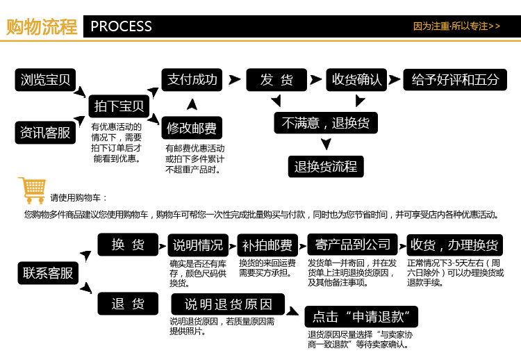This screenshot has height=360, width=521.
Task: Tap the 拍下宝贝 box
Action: coord(119,106)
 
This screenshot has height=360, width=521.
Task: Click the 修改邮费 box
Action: coord(192,129)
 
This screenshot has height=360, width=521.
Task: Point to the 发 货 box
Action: coord(276,79)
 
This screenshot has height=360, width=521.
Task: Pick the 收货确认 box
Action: coord(356,79)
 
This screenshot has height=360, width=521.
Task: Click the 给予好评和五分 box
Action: coord(455,79)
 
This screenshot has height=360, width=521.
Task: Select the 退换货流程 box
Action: coord(325,166)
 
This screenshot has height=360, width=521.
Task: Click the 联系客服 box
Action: coord(47,273)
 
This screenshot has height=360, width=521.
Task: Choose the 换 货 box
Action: coord(128,244)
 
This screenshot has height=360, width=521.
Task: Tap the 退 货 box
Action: coord(128,303)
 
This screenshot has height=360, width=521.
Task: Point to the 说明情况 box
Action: coord(198,245)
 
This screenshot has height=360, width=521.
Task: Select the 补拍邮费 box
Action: coord(268,245)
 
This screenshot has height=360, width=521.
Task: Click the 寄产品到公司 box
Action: coord(353,245)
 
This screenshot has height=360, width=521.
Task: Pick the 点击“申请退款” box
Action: coord(361,317)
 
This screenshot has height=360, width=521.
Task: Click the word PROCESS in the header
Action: coord(121,26)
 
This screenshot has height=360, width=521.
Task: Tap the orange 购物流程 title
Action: coord(41,27)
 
